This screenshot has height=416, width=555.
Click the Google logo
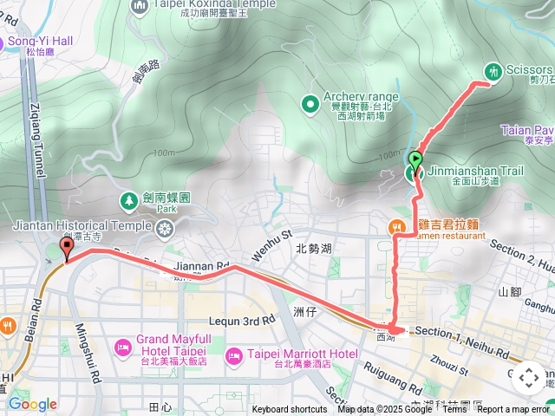pos(32,404)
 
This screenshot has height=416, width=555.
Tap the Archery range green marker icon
pos(310,105)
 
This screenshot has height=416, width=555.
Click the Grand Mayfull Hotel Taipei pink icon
pos(121,348)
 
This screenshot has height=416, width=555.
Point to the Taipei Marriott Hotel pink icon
pos(233,355)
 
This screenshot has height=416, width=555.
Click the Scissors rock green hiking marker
pos(493,72)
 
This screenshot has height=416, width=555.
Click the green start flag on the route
pos(416,159)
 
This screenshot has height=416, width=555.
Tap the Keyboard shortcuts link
pos(290,410)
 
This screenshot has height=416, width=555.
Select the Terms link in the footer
pos(454,410)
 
